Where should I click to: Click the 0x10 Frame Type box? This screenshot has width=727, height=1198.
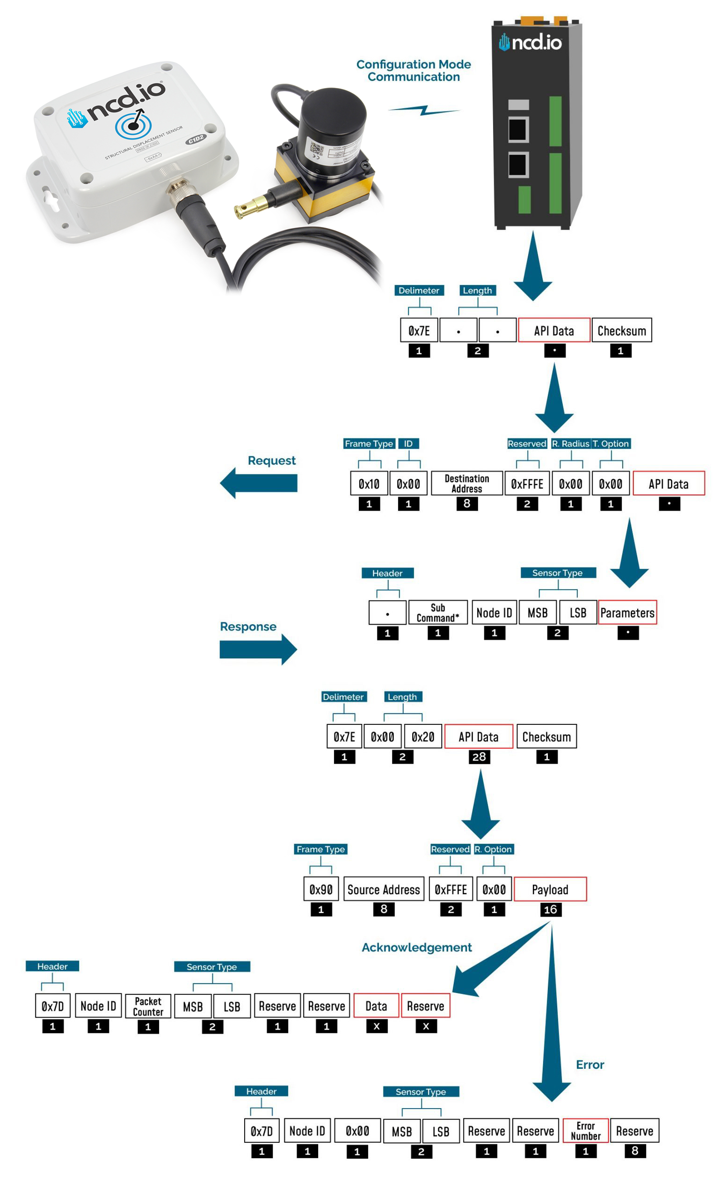coord(369,483)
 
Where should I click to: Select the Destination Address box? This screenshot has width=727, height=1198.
coord(466,483)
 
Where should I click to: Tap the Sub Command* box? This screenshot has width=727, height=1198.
coord(437,613)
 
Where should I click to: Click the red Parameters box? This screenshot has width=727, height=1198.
coord(627,613)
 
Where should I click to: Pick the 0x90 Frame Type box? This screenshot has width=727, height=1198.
coord(321,889)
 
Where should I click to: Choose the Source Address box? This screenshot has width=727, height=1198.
coord(384,889)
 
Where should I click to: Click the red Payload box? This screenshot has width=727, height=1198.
coord(550,889)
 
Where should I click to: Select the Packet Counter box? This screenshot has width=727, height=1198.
coord(148,1007)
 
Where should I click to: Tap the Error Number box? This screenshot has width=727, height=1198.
coord(585,1131)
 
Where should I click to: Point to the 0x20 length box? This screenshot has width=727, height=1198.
coord(422,737)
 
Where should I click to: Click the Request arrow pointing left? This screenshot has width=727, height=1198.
coord(259,483)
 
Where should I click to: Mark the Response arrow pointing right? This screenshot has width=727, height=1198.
coord(258,649)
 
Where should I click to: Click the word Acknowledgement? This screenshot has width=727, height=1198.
coord(416,947)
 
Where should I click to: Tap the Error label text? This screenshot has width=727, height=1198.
coord(589,1065)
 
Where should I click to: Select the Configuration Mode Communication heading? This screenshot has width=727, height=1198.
coord(414,71)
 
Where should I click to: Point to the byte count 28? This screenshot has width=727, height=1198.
coord(479,757)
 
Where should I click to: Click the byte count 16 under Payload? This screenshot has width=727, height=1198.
coord(550,910)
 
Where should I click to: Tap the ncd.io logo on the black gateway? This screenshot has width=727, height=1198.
coord(530,43)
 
